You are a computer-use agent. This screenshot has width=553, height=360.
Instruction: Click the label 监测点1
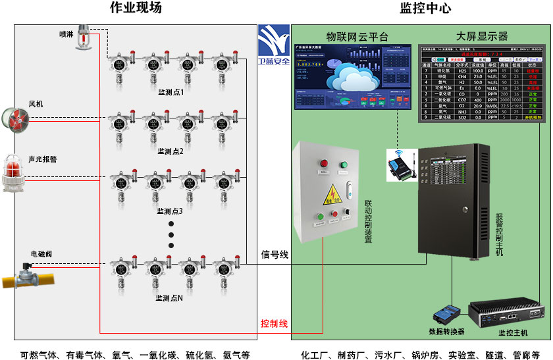pyautogui.click(x=171, y=93)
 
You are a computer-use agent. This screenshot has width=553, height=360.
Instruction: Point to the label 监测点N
pyautogui.click(x=169, y=298)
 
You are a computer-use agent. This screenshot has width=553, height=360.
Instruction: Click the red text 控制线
pyautogui.click(x=274, y=323)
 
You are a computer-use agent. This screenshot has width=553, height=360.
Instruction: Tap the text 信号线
pyautogui.click(x=275, y=255)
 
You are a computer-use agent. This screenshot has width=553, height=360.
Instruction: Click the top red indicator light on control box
pyautogui.click(x=323, y=164)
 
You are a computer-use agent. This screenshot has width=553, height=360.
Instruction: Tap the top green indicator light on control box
pyautogui.click(x=343, y=164)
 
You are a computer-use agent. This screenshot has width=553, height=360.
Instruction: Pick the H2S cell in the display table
pyautogui.click(x=461, y=70)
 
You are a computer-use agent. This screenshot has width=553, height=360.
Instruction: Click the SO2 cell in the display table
pyautogui.click(x=461, y=118)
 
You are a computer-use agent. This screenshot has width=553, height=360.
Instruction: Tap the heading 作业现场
pyautogui.click(x=135, y=9)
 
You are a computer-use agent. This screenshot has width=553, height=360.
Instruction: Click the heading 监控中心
pyautogui.click(x=425, y=9)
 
